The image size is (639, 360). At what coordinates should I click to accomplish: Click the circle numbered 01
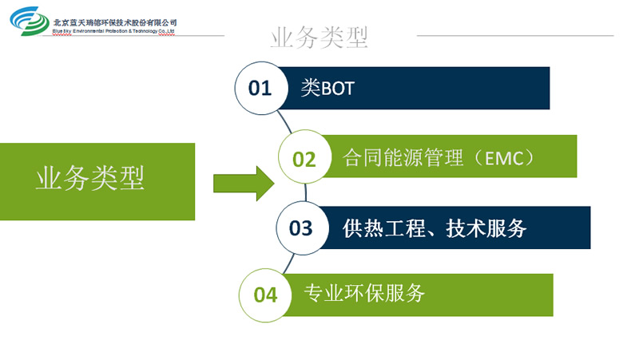[x=260, y=88]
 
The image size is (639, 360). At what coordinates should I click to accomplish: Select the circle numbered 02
[x=304, y=158]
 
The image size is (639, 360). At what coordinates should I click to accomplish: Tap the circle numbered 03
[x=301, y=228]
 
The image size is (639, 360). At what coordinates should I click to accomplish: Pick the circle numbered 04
[x=265, y=295]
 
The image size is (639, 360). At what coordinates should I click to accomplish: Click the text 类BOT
[x=327, y=88]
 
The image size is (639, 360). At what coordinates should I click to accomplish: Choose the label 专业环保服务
[x=364, y=294]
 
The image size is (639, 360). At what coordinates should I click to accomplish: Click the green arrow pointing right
[x=244, y=183]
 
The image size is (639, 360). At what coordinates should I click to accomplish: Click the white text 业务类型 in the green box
[x=90, y=179]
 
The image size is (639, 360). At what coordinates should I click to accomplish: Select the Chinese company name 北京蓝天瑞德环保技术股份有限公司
[x=115, y=22]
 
